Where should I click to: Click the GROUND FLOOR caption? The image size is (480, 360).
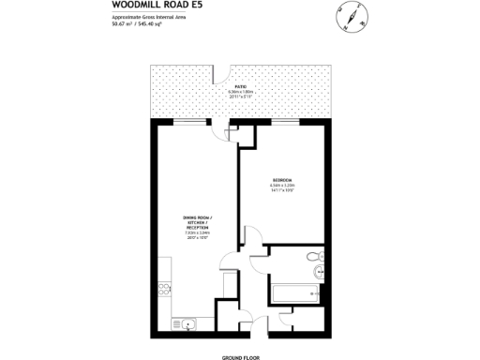pyautogui.click(x=240, y=357)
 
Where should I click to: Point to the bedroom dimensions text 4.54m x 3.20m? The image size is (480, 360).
pyautogui.click(x=282, y=187)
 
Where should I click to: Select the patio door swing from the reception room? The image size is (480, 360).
pyautogui.click(x=220, y=131)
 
